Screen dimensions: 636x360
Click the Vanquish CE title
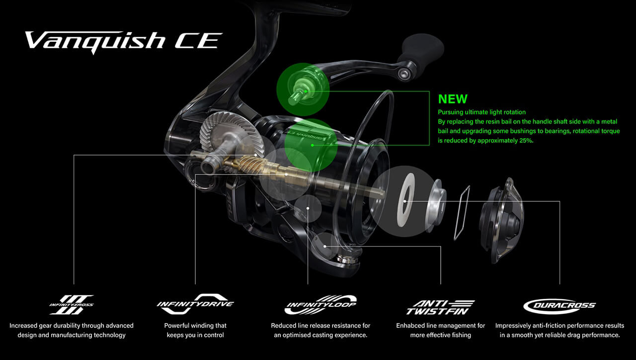click(124, 42)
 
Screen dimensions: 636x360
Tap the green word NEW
click(453, 99)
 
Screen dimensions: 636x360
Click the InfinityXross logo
click(71, 305)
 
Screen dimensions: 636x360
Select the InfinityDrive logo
click(195, 304)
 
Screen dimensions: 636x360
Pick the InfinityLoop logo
click(320, 305)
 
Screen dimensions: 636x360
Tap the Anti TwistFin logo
click(440, 307)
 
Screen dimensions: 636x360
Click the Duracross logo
click(559, 306)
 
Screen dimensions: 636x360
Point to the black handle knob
click(421, 51)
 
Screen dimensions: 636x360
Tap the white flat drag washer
click(405, 200)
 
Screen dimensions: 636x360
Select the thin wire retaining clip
click(462, 213)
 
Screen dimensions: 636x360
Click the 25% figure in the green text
click(526, 141)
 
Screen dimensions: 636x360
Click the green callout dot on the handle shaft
click(306, 91)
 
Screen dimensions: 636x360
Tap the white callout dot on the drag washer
click(405, 201)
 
